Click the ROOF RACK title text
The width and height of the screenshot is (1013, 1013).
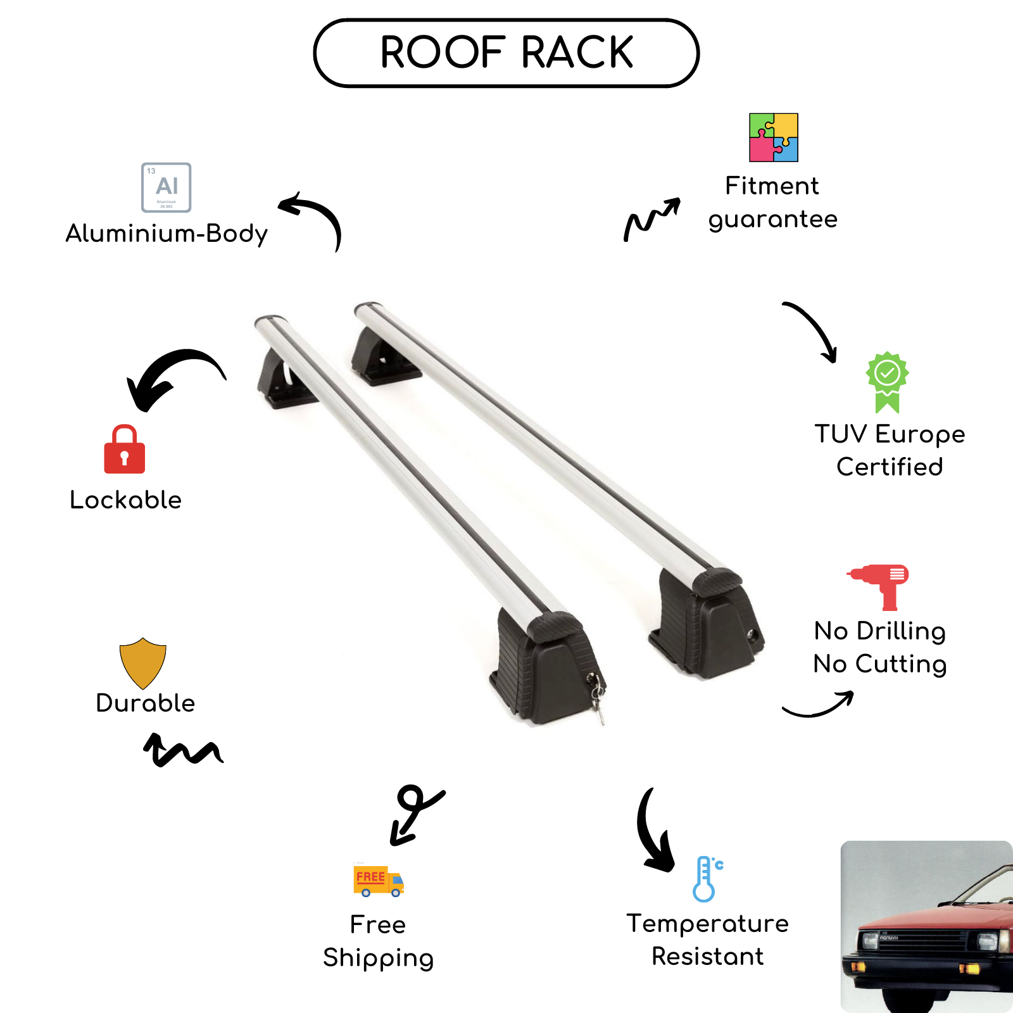click(x=507, y=52)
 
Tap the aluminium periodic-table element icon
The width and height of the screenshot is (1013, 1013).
click(x=166, y=187)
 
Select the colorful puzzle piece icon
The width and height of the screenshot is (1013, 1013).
click(x=773, y=137)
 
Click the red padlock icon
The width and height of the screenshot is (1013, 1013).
click(x=125, y=450)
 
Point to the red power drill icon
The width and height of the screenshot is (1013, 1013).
click(x=880, y=586)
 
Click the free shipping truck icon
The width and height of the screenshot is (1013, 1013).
click(x=378, y=880)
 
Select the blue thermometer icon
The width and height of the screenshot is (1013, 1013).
click(x=707, y=879)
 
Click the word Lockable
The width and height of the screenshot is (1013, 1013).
click(x=126, y=500)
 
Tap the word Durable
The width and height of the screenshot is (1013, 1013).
click(x=146, y=703)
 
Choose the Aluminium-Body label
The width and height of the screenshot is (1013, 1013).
click(x=167, y=234)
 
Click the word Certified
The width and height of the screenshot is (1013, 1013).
click(x=890, y=467)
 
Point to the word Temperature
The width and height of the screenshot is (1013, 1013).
click(x=707, y=924)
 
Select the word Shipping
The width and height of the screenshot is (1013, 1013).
click(x=378, y=958)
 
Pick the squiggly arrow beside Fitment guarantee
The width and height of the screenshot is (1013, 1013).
click(x=651, y=218)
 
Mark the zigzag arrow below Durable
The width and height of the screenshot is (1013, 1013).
click(x=182, y=750)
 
